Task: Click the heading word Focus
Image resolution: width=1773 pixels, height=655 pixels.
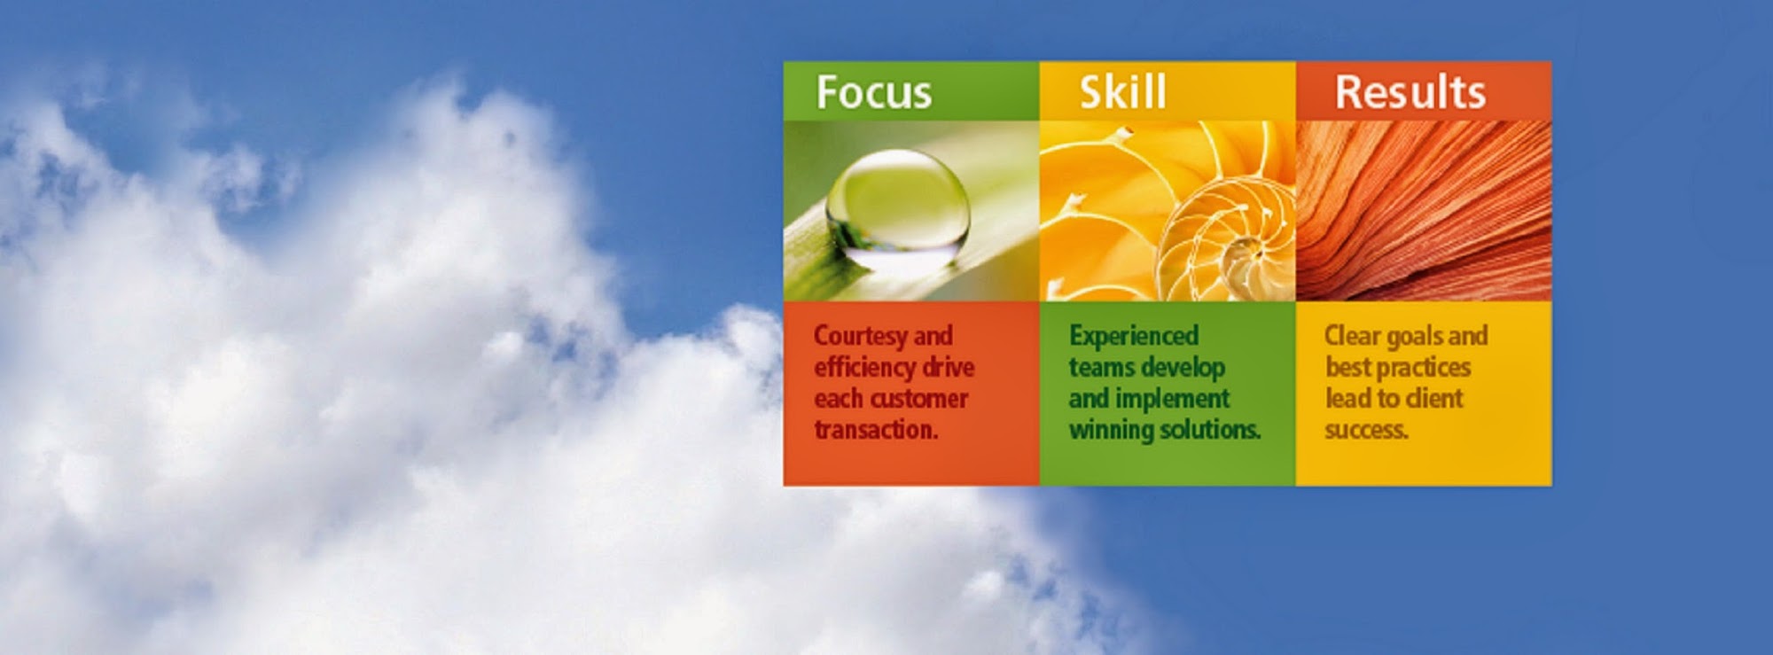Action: [x=873, y=92]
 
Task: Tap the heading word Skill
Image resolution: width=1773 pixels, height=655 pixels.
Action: [x=1122, y=91]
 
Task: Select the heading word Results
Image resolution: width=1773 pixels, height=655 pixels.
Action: [x=1410, y=92]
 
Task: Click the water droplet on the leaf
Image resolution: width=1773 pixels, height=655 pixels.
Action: [x=897, y=207]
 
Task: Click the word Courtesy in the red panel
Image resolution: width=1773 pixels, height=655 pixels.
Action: [x=860, y=337]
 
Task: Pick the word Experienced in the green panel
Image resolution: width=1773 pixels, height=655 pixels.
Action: [x=1133, y=337]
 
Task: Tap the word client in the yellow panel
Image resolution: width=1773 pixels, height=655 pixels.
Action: [x=1434, y=399]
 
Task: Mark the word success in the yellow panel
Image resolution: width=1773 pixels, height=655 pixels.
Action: [x=1365, y=431]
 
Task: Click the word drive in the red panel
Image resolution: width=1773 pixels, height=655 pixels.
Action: [x=949, y=367]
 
